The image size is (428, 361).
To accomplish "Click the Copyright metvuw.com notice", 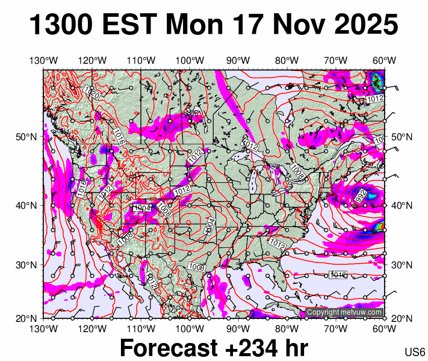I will click(x=344, y=312).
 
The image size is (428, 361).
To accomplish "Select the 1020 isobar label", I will click(x=91, y=92).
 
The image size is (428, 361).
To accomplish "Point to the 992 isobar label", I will click(x=361, y=196).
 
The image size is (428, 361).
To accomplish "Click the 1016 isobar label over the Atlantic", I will click(x=338, y=275).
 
